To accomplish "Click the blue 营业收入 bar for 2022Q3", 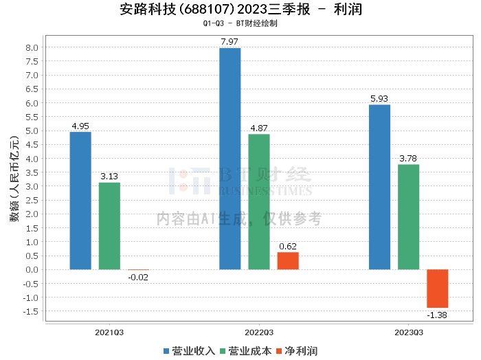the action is [x=230, y=159].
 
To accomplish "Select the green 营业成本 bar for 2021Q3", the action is [x=109, y=226].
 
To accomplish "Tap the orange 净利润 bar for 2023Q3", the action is [x=438, y=289].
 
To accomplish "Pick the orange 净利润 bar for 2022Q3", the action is [x=288, y=261].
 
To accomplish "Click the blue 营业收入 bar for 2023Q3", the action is [x=380, y=188].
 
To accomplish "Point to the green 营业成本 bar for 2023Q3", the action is [x=409, y=217].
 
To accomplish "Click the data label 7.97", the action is [x=230, y=42].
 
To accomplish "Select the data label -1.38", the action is [x=437, y=315].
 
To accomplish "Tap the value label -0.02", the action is [x=138, y=278].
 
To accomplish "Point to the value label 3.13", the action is [x=109, y=177].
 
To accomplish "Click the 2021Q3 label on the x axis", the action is [x=109, y=333].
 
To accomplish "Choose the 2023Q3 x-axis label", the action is [x=409, y=333].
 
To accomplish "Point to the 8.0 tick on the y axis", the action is [x=32, y=48].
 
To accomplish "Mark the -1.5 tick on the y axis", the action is [x=31, y=311].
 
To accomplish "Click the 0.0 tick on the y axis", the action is [x=32, y=270].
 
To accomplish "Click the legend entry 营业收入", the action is [x=189, y=351].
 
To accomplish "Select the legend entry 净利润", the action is [x=297, y=351].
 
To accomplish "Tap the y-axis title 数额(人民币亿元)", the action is [x=14, y=179].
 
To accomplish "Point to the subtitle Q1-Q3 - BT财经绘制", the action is [x=240, y=23].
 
